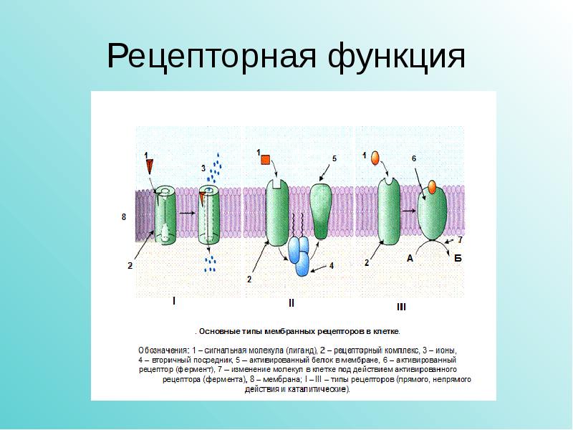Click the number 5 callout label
point(334,157)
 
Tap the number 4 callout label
point(332,265)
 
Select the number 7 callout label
point(460,240)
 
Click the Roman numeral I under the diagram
point(173,301)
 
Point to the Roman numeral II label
point(291,303)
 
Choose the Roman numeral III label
point(401,307)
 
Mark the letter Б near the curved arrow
point(458,260)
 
